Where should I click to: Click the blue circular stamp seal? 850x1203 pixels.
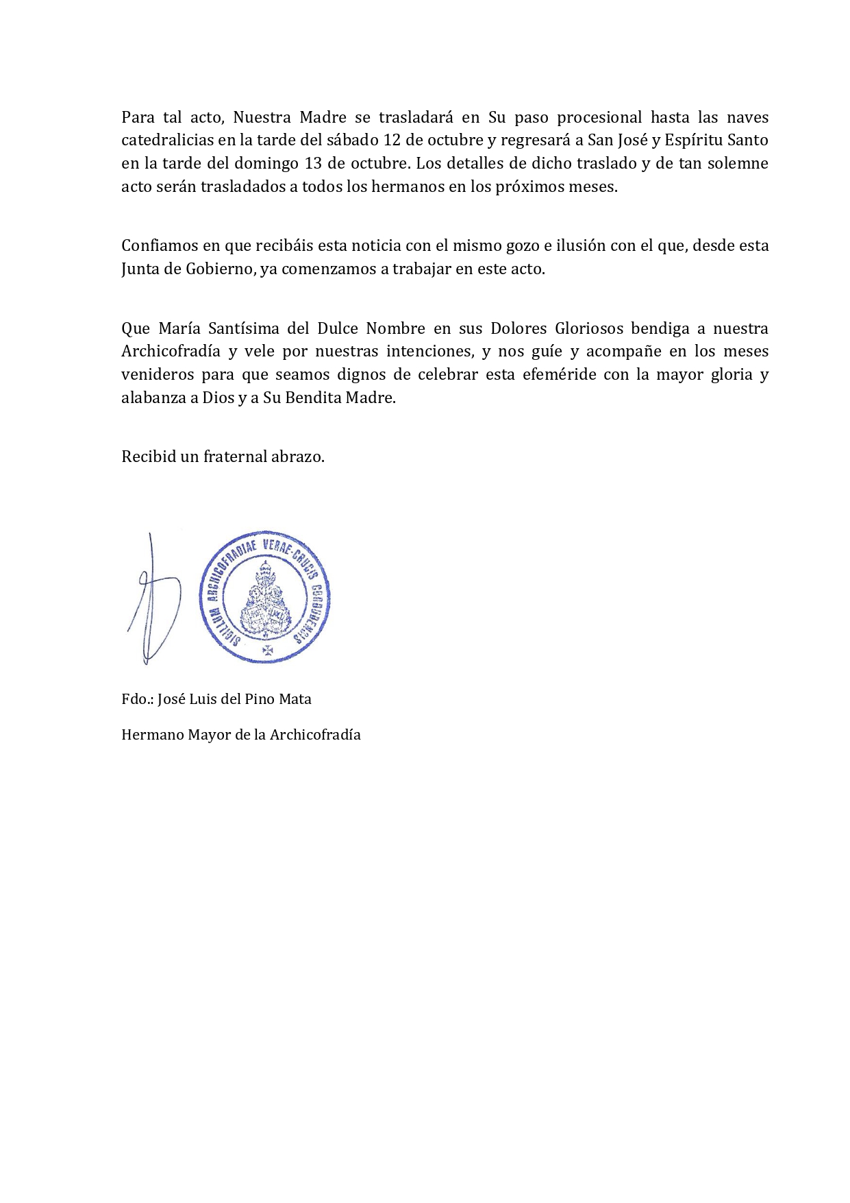click(x=265, y=596)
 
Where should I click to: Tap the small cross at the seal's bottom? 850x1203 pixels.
click(x=268, y=649)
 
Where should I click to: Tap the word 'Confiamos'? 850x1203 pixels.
click(x=158, y=246)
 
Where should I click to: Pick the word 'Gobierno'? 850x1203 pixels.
click(x=221, y=269)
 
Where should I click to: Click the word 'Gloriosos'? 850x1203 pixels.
click(x=584, y=328)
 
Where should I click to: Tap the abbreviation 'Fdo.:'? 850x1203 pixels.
click(x=136, y=699)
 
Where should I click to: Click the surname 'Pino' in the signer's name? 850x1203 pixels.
click(x=249, y=699)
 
